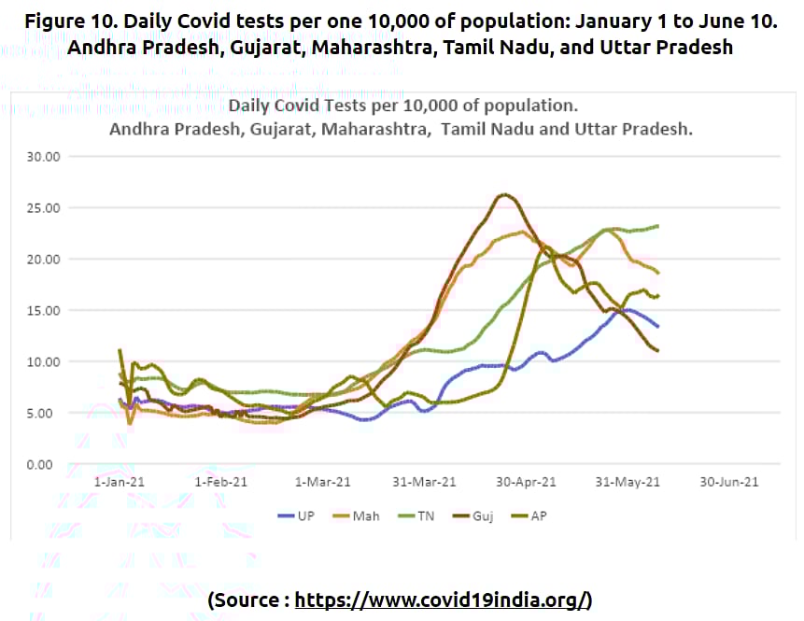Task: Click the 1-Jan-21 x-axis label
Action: pyautogui.click(x=119, y=482)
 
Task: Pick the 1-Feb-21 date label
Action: pyautogui.click(x=222, y=482)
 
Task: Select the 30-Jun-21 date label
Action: pyautogui.click(x=729, y=482)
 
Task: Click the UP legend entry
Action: pyautogui.click(x=297, y=515)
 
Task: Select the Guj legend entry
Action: pyautogui.click(x=482, y=515)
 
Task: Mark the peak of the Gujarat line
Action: pyautogui.click(x=504, y=194)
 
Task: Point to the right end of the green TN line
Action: pyautogui.click(x=658, y=226)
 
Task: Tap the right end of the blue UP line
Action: pyautogui.click(x=658, y=327)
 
